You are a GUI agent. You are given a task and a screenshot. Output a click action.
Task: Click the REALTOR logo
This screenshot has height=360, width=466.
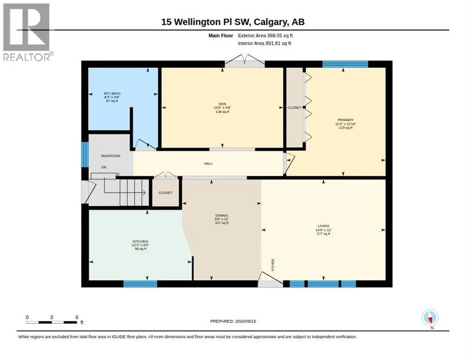tap(28, 32)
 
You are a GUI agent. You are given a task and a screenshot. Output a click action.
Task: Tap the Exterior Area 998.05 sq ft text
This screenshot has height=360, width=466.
tap(265, 36)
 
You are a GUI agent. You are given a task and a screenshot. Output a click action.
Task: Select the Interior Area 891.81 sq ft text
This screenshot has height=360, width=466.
tap(264, 44)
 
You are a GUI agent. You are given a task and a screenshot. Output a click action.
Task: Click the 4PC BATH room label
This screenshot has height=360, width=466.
tap(112, 93)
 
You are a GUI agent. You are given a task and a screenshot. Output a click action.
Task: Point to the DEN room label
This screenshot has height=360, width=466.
tap(222, 104)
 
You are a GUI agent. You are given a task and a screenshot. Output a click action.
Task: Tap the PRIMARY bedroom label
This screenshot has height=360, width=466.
tap(346, 120)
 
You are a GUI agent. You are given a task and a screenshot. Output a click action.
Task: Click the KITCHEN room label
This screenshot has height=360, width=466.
tap(140, 241)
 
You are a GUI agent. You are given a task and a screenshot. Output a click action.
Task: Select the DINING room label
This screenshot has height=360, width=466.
tap(222, 216)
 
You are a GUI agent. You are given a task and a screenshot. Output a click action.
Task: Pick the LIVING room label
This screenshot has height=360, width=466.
tap(323, 226)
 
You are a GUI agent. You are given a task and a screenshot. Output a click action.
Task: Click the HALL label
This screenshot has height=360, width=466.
tap(208, 164)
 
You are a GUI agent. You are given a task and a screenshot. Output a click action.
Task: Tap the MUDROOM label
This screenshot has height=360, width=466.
tap(111, 156)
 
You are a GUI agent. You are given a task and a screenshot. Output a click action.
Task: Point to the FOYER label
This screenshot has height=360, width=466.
tap(273, 265)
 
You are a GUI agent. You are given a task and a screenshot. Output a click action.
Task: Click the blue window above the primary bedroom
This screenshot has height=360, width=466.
tap(345, 64)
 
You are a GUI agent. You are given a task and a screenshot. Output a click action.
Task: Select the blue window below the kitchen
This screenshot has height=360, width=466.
tap(140, 284)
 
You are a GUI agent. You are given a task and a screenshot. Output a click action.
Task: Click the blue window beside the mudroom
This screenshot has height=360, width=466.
tap(85, 154)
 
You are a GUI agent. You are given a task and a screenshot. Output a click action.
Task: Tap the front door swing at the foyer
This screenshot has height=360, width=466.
tap(271, 279)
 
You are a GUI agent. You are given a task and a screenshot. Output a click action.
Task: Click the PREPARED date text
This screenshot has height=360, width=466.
tap(233, 322)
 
